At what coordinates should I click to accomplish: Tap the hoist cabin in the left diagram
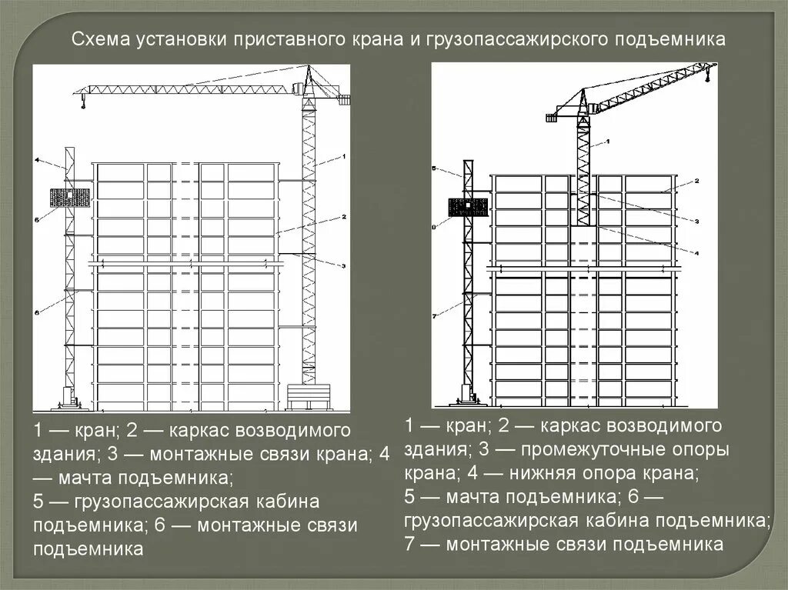(69, 198)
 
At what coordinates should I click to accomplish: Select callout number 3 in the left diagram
(344, 265)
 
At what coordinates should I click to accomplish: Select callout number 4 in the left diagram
(36, 160)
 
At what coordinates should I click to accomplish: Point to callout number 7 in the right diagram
(435, 316)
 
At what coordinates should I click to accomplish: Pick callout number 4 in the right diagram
(695, 252)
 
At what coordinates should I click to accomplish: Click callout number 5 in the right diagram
(435, 168)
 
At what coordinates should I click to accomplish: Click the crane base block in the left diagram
(309, 397)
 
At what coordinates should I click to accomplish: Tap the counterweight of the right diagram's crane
(551, 118)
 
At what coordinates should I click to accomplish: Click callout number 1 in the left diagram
(344, 156)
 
